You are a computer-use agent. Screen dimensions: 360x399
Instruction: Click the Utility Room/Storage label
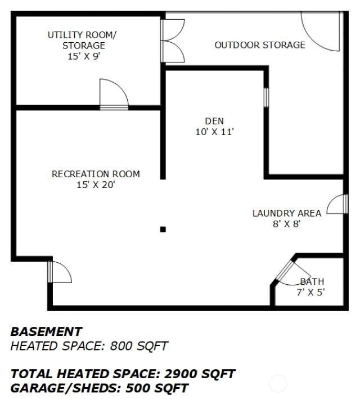point(82,40)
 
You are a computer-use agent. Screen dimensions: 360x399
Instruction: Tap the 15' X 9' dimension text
point(84,56)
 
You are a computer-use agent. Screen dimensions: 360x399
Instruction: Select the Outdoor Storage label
point(260,45)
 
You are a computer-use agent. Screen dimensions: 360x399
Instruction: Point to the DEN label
point(214,121)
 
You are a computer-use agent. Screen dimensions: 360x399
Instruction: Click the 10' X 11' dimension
point(214,132)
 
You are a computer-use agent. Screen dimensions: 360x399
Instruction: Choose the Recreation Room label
point(96,174)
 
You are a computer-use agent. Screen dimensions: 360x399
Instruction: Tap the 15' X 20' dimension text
point(96,185)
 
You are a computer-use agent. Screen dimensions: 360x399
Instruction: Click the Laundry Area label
point(287,213)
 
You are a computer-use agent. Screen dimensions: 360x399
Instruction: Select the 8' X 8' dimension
point(287,224)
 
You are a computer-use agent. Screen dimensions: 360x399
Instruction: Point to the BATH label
point(312,281)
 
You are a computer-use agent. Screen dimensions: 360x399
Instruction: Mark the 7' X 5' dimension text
point(310,292)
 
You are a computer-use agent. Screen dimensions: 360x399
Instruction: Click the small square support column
point(163,230)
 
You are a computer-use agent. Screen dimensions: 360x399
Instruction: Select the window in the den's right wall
point(266,97)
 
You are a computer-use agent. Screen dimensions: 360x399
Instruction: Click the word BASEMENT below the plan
point(46,331)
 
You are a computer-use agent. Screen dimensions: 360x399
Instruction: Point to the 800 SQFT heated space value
point(139,346)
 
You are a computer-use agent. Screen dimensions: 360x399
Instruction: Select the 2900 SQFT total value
point(200,374)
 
